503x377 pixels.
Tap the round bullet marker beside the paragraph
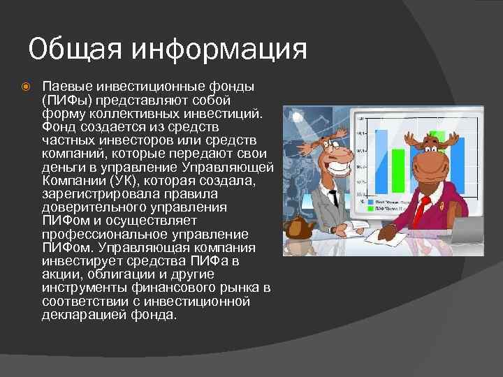tap(25, 87)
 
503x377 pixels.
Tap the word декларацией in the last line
tap(83, 314)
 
